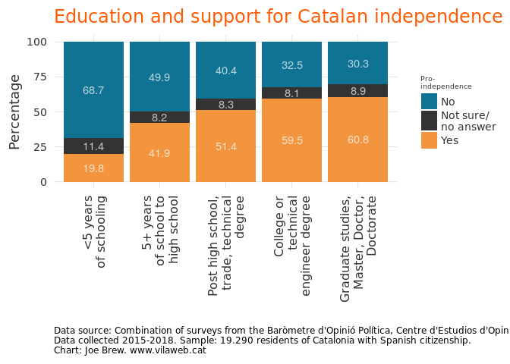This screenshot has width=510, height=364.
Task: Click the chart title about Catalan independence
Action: coord(278,17)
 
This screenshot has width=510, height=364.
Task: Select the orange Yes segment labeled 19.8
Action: coord(93,168)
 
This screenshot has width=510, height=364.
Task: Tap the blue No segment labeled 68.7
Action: coord(93,90)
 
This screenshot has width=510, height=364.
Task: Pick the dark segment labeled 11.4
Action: coord(93,146)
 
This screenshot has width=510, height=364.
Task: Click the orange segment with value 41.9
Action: coord(159,152)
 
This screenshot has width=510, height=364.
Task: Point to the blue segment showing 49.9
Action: coord(159,77)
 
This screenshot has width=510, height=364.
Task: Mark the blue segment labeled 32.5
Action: coord(291,64)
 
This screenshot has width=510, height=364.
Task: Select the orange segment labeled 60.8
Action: coord(357,140)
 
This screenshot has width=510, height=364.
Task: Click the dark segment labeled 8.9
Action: coord(357,91)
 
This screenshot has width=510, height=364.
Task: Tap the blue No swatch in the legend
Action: coord(429,102)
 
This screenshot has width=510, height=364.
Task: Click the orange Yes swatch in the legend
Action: coord(429,140)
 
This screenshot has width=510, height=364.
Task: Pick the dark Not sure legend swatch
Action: coord(429,121)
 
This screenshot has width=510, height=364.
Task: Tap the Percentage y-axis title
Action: coord(14,111)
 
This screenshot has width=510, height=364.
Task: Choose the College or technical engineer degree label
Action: coord(292,240)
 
